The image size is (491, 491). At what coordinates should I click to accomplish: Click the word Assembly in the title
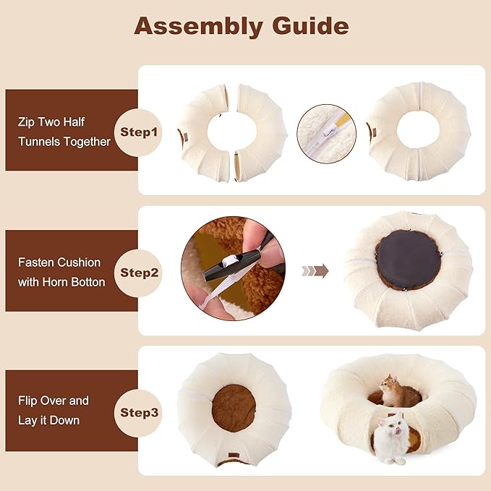[x=198, y=27]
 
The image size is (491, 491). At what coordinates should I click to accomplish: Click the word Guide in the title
[x=310, y=25]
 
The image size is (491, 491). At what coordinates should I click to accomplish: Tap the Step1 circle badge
[x=138, y=132]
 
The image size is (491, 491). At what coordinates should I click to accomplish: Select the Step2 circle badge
[x=138, y=273]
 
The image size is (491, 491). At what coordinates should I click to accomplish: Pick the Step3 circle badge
[x=138, y=413]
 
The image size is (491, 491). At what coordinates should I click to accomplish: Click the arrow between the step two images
[x=315, y=271]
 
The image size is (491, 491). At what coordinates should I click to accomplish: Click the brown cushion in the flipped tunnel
[x=234, y=409]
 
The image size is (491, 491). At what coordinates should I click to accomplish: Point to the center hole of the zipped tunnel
[x=418, y=131]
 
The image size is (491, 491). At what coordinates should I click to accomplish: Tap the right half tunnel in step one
[x=262, y=133]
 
